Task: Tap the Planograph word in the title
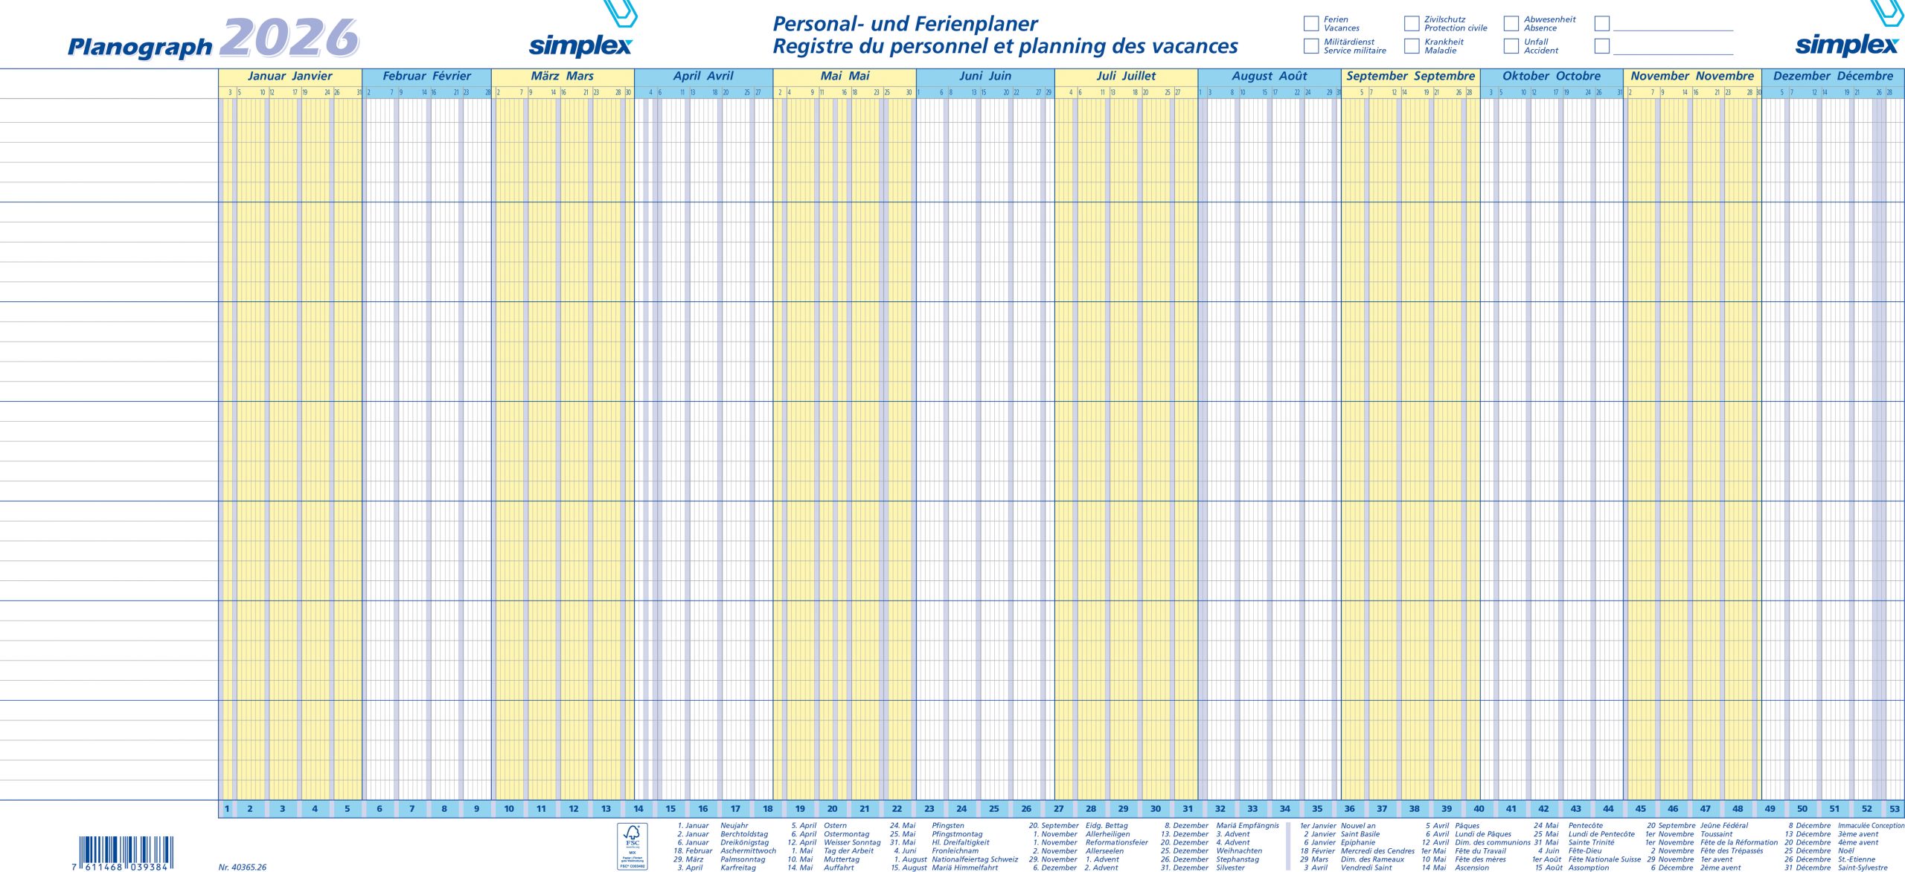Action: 140,47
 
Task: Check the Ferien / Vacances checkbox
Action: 1311,24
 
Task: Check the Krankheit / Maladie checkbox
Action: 1412,46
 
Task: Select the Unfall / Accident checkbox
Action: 1511,46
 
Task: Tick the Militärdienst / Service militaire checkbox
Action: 1311,46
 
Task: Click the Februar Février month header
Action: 426,76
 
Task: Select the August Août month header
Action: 1269,76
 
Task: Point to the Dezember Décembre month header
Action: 1832,76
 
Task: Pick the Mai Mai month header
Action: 845,76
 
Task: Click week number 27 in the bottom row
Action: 1058,809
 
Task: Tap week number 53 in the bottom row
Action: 1894,809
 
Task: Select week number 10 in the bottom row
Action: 509,809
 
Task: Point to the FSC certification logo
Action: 632,846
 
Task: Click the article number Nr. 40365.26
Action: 243,867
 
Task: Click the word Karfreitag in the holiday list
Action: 737,868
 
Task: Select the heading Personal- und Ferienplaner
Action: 904,24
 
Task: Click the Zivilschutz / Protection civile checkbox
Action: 1412,24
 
